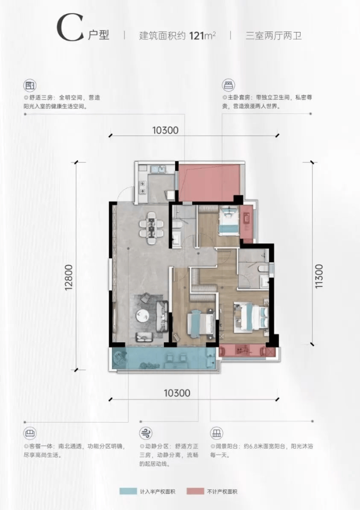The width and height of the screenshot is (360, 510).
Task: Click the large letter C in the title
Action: pos(70,28)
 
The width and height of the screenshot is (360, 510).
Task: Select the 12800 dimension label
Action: pos(69,278)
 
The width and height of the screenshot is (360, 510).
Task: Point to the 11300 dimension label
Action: pos(319,276)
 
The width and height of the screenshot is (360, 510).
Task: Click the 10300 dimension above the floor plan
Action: pos(165,130)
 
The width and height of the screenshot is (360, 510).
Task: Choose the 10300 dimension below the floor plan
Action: pos(177,393)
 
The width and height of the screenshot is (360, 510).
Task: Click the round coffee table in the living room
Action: pos(143,316)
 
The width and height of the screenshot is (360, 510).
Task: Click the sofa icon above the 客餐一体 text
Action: pos(30,433)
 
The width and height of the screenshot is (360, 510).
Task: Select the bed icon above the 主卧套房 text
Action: pos(228,85)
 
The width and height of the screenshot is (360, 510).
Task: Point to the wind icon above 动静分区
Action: pos(146,433)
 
